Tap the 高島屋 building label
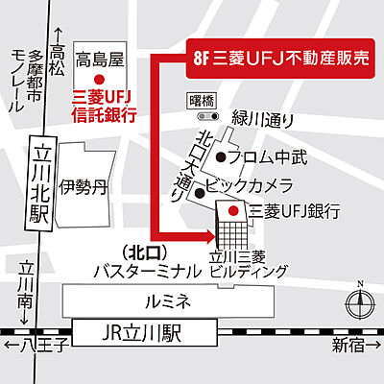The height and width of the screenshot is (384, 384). (101, 60)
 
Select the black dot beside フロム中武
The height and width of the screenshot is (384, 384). (222, 156)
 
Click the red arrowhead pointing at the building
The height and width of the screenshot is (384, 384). (205, 231)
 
